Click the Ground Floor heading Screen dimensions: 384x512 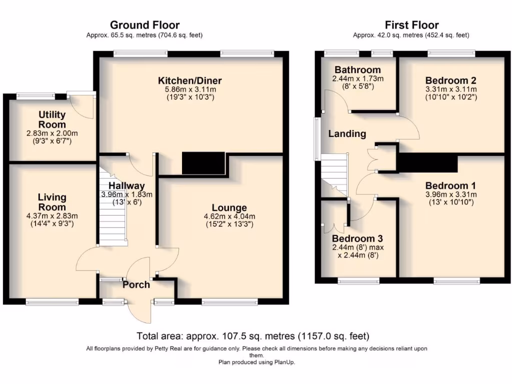(144, 25)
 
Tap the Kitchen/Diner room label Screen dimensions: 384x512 (190, 80)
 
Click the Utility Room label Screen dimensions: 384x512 (52, 120)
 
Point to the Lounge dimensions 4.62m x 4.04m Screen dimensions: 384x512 (229, 216)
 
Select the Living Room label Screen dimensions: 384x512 (52, 202)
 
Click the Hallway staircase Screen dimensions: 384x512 (111, 210)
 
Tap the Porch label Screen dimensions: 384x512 (136, 284)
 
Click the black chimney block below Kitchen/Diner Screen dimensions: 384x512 (204, 163)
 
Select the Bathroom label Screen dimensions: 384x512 (357, 69)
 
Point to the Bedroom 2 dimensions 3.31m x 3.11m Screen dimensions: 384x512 (450, 89)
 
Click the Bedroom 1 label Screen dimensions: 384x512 (450, 185)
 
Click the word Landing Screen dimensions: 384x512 (347, 133)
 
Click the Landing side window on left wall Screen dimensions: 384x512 (317, 138)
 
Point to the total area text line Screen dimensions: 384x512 (253, 336)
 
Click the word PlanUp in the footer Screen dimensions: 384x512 (283, 362)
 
